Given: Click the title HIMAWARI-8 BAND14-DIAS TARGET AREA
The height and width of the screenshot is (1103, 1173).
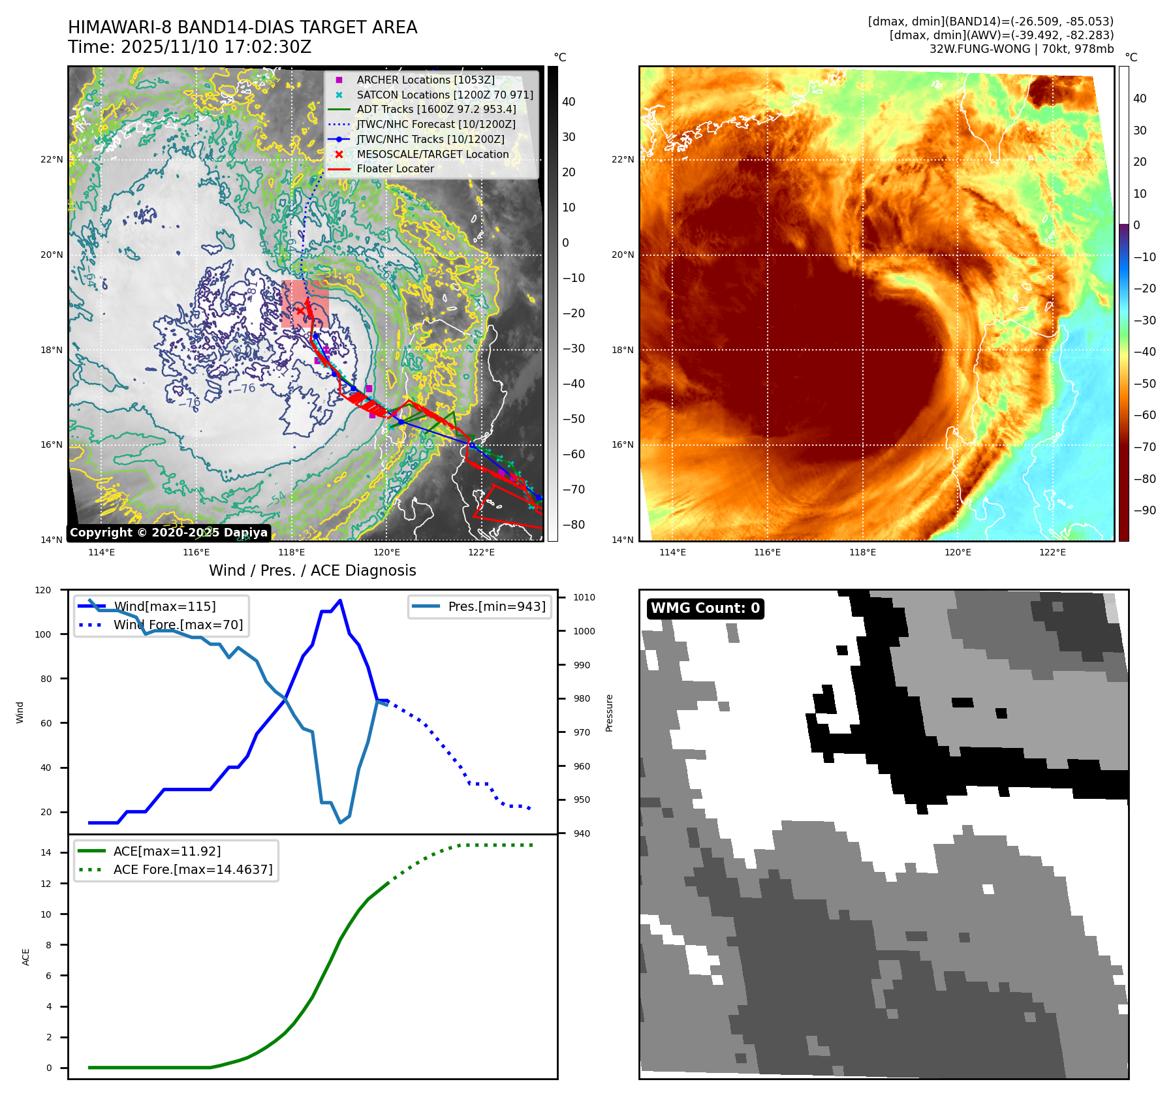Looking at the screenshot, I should pos(242,27).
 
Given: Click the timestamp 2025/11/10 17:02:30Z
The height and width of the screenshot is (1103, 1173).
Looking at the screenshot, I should pos(216,48).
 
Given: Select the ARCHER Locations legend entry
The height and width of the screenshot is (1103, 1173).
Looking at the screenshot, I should pos(425,80).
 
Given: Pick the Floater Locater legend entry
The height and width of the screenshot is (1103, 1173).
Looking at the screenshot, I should pos(395,168).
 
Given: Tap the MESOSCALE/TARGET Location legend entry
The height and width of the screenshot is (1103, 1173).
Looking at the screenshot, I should pos(432,154).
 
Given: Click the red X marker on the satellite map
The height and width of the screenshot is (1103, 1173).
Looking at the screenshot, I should pos(300,311).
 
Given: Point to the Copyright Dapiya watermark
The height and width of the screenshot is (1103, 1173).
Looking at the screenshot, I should pos(168,533).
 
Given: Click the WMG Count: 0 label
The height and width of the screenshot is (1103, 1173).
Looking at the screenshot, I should pos(705,608).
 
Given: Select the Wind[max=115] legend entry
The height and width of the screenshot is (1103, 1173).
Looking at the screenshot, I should pos(164,606).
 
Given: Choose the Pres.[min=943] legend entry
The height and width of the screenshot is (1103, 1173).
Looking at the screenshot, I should pos(496,606).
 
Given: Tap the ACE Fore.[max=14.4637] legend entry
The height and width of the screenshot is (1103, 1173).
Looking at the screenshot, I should pos(193,869).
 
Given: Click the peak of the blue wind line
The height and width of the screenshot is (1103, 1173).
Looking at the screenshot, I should pos(340,600).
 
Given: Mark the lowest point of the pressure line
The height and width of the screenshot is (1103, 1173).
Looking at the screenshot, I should pos(340,822).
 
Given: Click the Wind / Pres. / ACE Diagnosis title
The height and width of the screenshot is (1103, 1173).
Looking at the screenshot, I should pos(312,570).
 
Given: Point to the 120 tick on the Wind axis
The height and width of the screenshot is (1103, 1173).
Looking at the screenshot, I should pos(43,590).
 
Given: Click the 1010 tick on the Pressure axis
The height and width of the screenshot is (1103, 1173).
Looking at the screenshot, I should pos(584,597).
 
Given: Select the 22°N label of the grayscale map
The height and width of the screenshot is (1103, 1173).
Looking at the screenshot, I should pos(52,159).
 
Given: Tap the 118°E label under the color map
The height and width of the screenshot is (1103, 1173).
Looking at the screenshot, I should pos(862,552).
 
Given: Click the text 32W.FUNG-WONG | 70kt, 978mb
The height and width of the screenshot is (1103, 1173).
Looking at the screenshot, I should pos(1021,49).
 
